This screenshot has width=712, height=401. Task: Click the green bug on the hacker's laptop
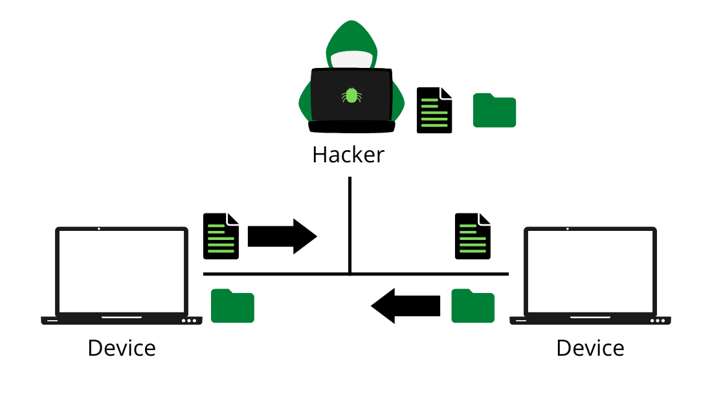(351, 96)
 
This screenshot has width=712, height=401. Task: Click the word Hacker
(348, 155)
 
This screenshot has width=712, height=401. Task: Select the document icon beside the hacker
(434, 111)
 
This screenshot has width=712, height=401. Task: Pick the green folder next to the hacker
(495, 111)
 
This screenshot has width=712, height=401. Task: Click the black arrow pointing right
(282, 237)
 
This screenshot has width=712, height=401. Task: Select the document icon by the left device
(221, 236)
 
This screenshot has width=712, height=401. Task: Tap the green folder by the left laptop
(232, 306)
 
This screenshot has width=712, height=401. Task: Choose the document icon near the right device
(473, 236)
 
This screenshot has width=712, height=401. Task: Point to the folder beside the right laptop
(473, 306)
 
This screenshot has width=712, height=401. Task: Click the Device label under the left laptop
(122, 348)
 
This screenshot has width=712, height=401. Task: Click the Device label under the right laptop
(590, 348)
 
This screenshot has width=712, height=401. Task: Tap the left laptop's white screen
(122, 272)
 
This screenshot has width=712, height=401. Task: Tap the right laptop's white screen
(590, 272)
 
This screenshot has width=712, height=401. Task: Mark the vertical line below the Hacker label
(350, 220)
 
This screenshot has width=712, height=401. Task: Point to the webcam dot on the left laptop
(98, 229)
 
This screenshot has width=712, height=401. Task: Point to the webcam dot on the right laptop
(568, 229)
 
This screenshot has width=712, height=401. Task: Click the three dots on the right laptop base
(657, 321)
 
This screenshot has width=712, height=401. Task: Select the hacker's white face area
(351, 60)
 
